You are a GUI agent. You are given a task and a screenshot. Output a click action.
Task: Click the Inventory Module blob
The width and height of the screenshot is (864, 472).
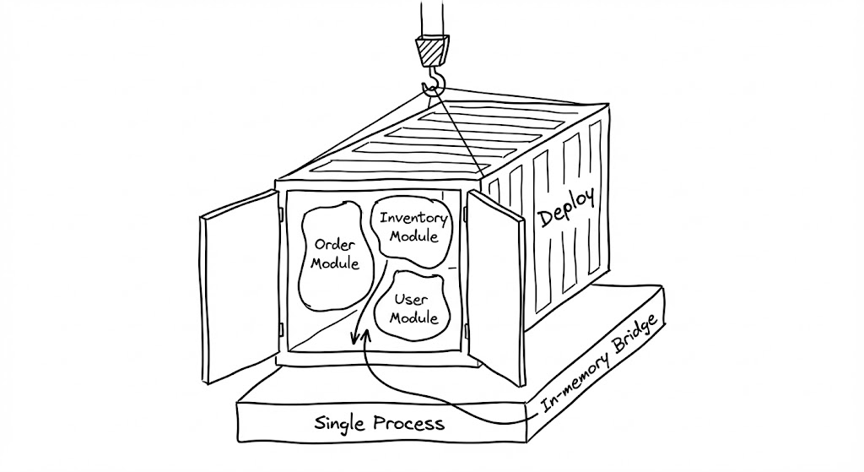click(x=409, y=227)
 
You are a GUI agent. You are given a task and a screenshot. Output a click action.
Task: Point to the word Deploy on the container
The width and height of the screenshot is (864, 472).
click(x=566, y=208)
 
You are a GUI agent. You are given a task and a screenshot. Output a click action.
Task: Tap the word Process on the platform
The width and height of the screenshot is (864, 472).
click(x=412, y=422)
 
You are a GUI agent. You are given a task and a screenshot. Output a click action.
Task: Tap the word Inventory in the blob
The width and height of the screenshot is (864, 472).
click(x=410, y=218)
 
